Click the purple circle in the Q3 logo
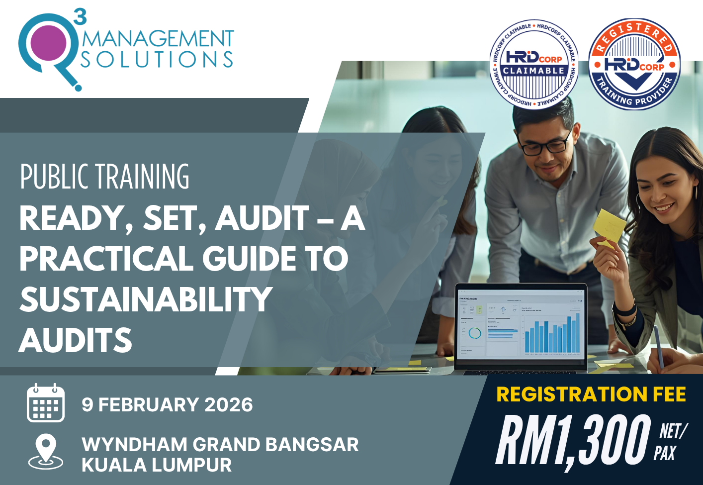pos(48,43)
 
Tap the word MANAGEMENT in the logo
pos(158,39)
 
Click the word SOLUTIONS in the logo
pos(157,60)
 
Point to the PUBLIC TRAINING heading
pos(105,177)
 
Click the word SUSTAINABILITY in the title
pos(146,299)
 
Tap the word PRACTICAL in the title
pos(106,259)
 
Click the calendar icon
pos(45,403)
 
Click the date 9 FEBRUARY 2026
pos(167,405)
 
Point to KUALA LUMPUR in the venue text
pos(157,465)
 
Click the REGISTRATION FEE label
pos(591,394)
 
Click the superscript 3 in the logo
pos(80,16)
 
